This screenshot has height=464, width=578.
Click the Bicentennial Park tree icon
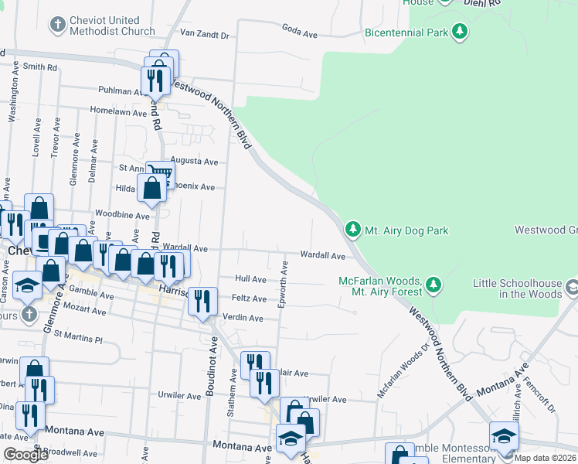click(461, 32)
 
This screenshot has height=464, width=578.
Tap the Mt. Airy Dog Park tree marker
click(352, 230)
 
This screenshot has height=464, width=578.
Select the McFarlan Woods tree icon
click(433, 286)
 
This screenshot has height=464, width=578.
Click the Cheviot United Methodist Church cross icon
click(56, 26)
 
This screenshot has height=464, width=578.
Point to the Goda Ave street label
click(301, 35)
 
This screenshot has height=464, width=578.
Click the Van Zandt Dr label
click(205, 35)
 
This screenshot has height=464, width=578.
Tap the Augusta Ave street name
click(200, 162)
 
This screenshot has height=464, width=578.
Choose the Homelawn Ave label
click(118, 112)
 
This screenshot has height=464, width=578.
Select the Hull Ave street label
click(250, 279)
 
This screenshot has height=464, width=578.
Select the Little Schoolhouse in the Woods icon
click(571, 288)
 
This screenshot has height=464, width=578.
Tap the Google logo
click(25, 455)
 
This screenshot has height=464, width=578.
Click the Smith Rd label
click(40, 67)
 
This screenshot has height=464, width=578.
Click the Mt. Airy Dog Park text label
click(406, 230)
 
